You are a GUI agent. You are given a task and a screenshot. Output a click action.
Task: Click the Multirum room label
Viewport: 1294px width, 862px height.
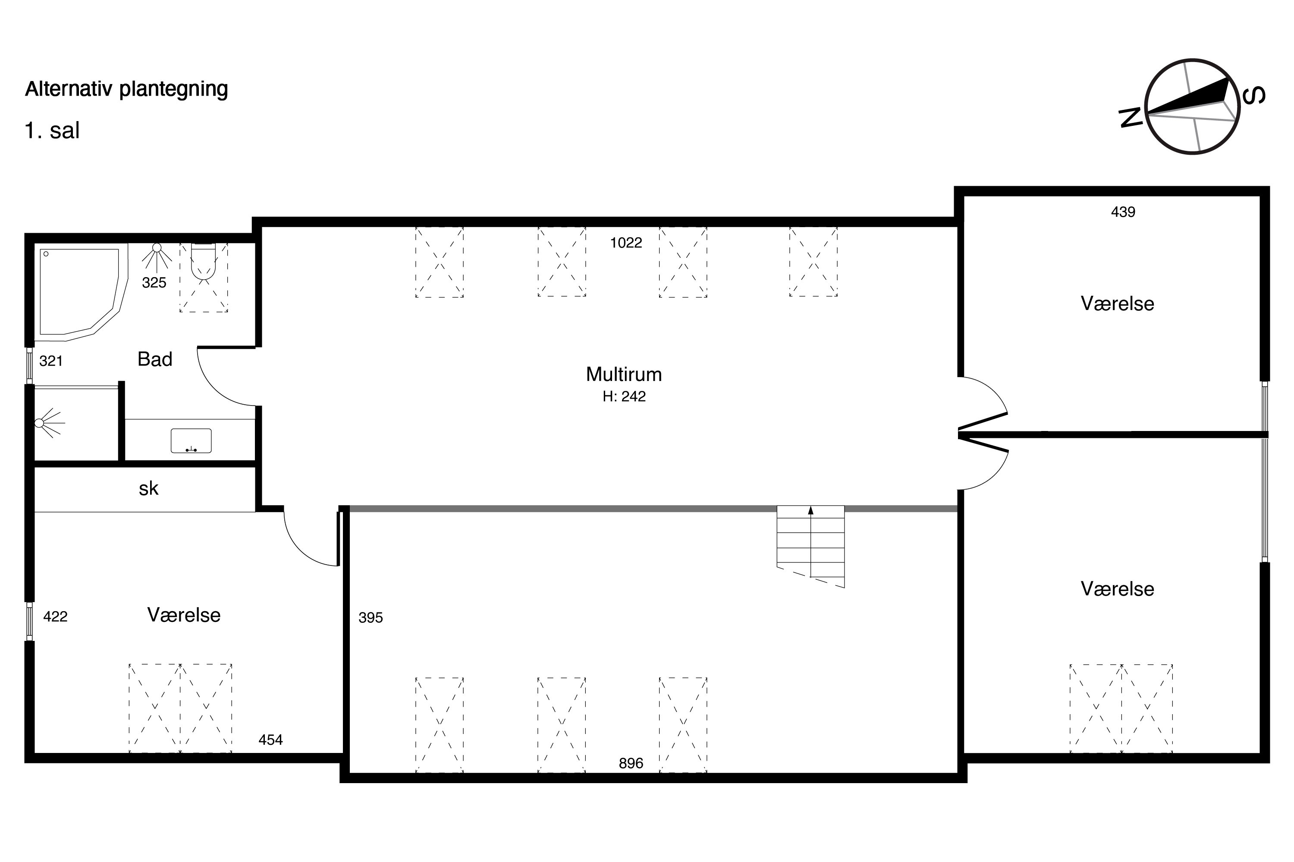pos(623,375)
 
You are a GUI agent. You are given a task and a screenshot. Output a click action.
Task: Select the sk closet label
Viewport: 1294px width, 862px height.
pos(148,488)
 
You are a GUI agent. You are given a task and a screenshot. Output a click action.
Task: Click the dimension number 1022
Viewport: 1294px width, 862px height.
pos(626,242)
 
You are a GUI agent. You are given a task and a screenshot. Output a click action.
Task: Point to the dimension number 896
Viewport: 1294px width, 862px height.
pos(631,763)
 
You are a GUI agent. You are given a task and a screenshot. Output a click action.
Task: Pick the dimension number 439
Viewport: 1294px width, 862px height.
pos(1123,212)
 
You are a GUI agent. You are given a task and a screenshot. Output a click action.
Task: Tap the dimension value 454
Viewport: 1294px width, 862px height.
pos(271,740)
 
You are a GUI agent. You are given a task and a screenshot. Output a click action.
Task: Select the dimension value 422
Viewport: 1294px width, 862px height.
pos(55,617)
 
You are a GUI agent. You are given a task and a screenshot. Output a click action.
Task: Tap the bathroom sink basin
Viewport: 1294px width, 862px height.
pos(191,441)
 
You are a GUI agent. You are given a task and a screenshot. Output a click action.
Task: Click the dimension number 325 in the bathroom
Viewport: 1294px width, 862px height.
pos(154,283)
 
